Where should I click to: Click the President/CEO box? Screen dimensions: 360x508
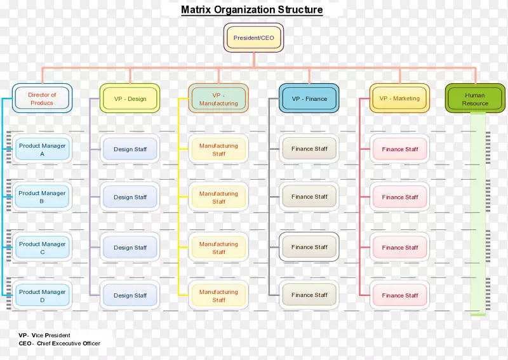pos(253,37)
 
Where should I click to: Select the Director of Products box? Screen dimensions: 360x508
pos(42,98)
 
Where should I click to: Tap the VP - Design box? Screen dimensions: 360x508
pos(130,98)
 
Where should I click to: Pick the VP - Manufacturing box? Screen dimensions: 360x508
pos(218,98)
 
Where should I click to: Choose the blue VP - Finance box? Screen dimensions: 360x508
pos(309,98)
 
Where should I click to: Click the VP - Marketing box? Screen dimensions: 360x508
pos(399,98)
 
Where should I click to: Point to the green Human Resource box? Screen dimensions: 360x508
pos(475,99)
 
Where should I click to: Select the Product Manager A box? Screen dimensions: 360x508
pos(42,149)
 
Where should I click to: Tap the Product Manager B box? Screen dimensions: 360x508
pos(42,197)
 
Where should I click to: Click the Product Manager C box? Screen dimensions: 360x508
pos(42,248)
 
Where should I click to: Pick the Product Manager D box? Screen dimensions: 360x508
pos(42,296)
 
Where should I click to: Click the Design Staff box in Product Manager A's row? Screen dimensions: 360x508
pos(130,149)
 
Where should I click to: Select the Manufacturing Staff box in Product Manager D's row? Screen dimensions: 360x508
pos(218,296)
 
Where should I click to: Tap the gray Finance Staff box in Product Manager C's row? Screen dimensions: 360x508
pos(309,247)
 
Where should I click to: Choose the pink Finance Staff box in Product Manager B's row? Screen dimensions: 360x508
pos(400,197)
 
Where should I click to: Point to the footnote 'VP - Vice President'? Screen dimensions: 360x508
pos(44,335)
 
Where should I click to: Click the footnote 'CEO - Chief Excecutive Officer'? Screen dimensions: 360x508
pos(59,343)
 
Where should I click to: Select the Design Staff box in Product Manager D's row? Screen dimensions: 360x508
pos(130,295)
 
